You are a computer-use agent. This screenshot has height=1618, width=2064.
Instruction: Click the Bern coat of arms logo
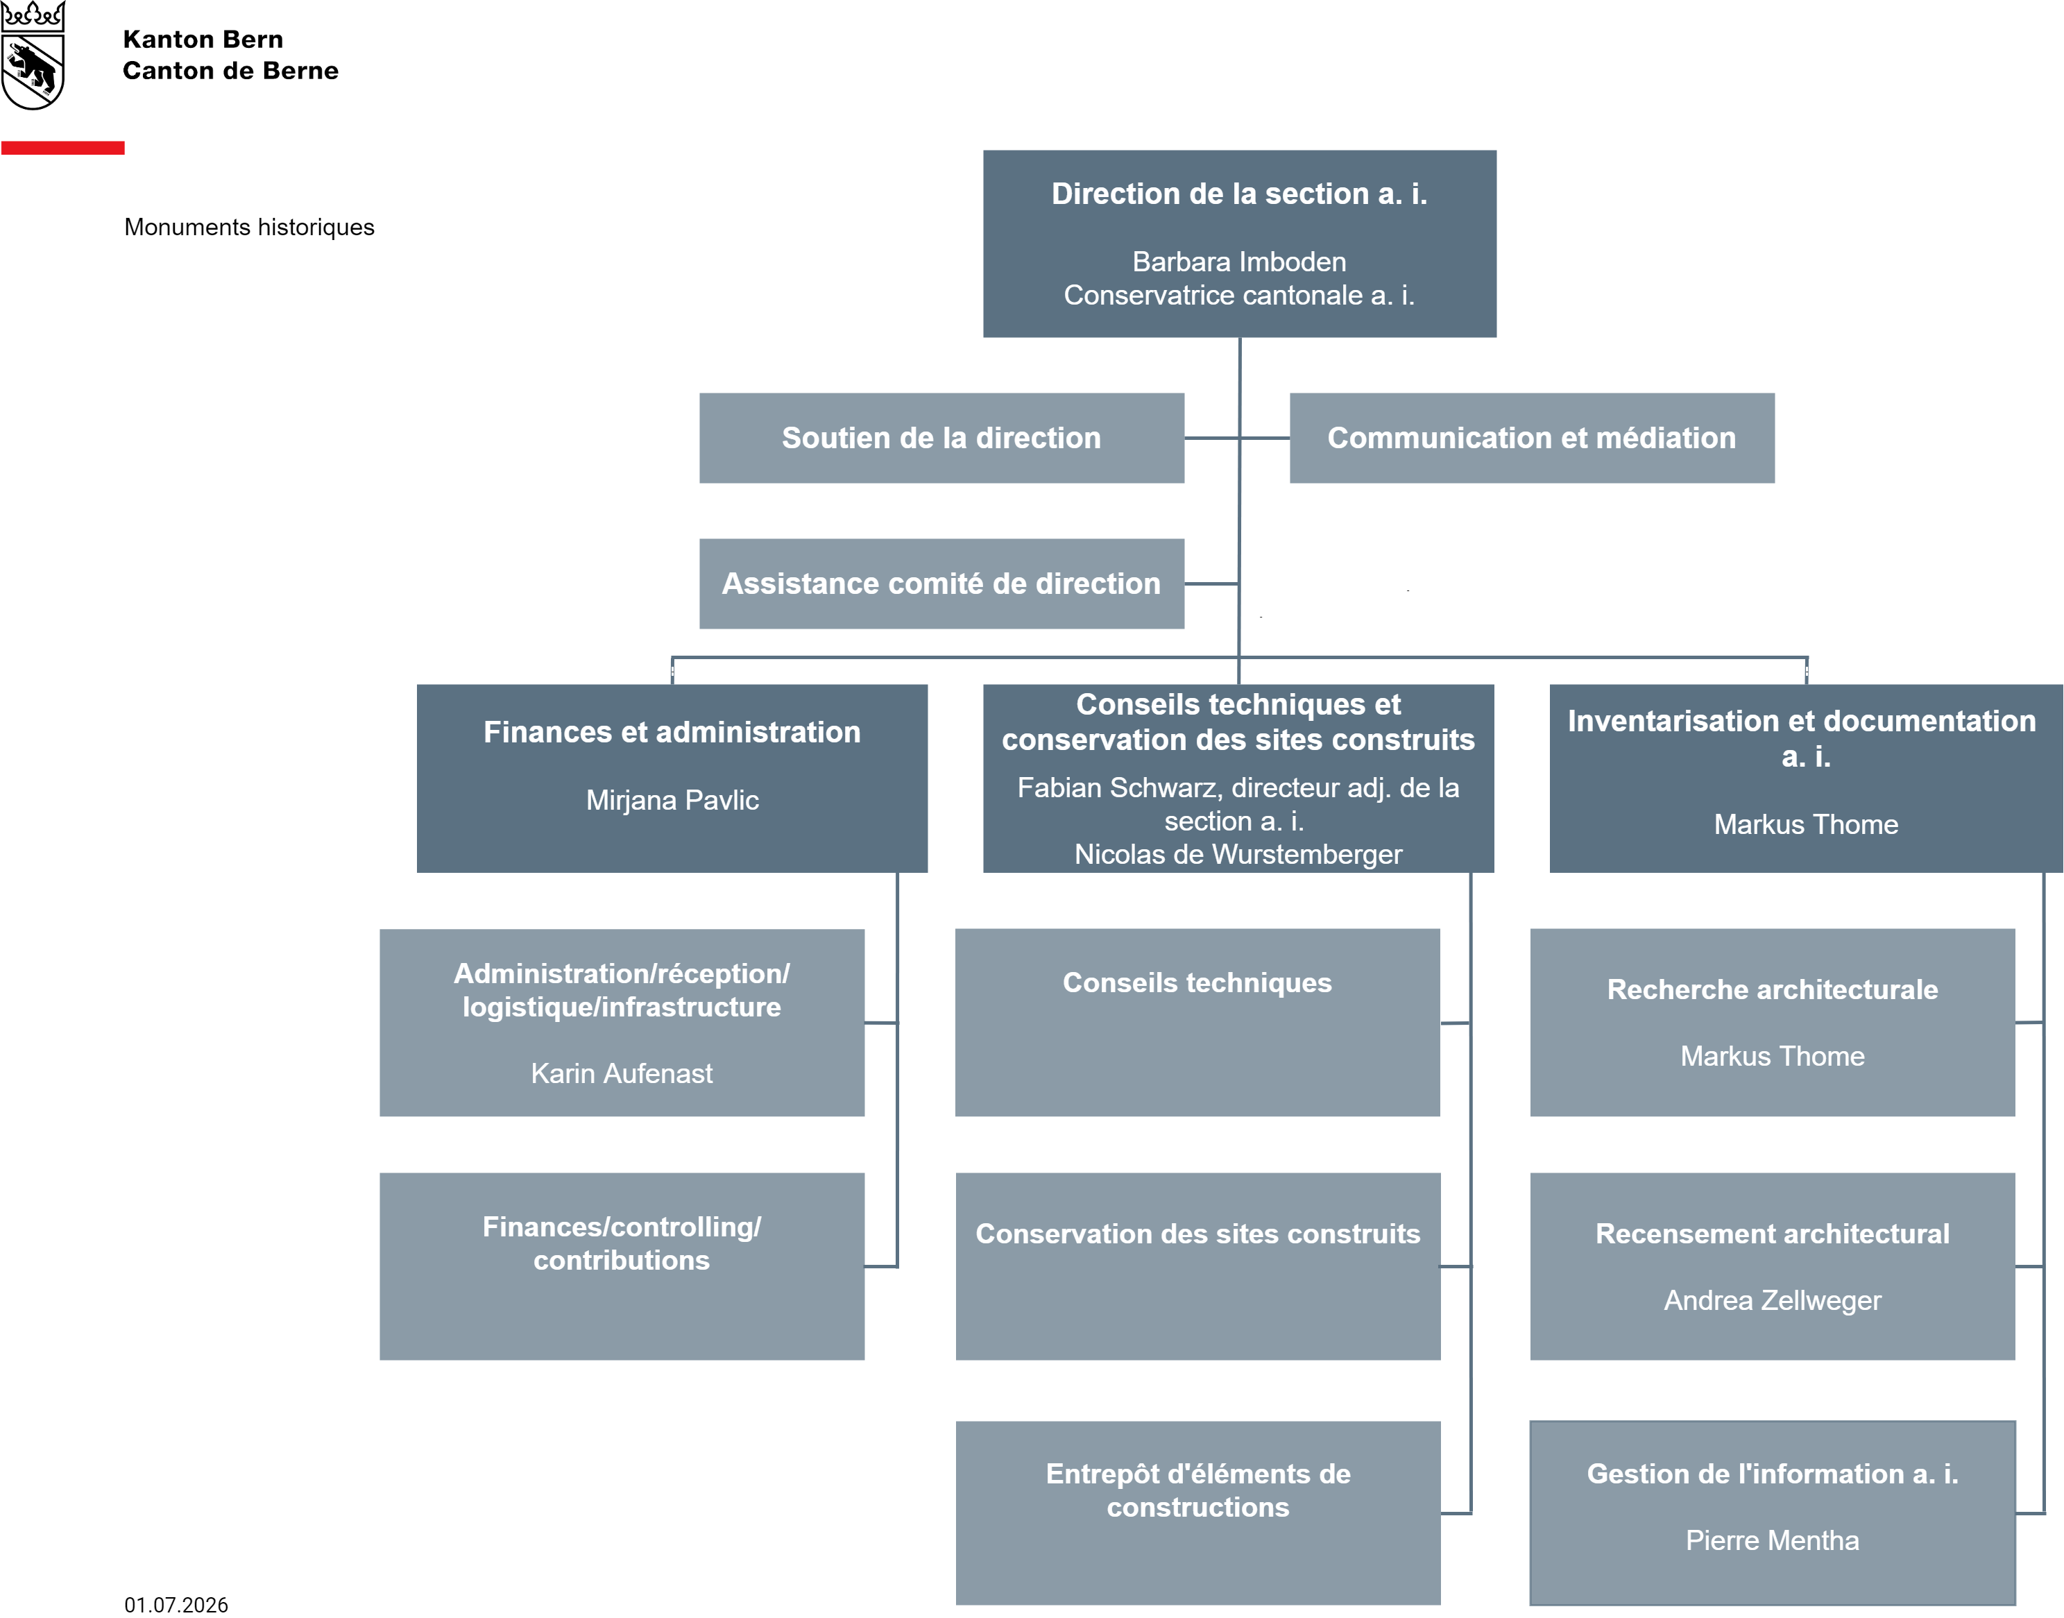(x=32, y=55)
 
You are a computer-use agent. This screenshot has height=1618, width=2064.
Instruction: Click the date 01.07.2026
(x=176, y=1604)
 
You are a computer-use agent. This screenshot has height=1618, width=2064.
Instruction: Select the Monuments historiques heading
(x=249, y=228)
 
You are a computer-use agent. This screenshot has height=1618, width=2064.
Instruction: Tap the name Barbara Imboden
(x=1239, y=262)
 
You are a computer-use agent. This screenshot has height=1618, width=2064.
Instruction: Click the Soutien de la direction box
(x=941, y=438)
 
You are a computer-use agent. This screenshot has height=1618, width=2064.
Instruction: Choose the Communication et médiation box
(x=1532, y=438)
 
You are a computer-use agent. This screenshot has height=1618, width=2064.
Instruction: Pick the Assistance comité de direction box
(x=941, y=584)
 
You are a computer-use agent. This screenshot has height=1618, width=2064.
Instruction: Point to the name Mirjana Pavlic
(x=672, y=801)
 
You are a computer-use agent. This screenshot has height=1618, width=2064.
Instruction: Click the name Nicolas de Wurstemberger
(x=1238, y=855)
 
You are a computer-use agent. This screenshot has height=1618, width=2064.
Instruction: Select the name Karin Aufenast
(x=622, y=1073)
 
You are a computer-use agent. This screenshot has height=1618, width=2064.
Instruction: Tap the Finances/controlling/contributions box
(x=622, y=1266)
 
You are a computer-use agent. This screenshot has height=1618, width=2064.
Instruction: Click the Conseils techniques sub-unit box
(x=1197, y=1022)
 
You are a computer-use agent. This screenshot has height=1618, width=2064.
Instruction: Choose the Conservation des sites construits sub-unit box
(x=1198, y=1266)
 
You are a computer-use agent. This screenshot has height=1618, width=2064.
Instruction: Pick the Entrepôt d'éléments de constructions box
(x=1198, y=1513)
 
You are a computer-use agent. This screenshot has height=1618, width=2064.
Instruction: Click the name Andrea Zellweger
(x=1772, y=1301)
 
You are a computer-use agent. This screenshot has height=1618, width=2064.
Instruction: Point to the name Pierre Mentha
(x=1772, y=1540)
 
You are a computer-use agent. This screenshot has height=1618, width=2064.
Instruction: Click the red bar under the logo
(x=62, y=148)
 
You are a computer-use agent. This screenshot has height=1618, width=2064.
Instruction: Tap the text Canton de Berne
(x=230, y=71)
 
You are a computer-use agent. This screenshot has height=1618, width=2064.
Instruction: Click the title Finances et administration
(x=672, y=732)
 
